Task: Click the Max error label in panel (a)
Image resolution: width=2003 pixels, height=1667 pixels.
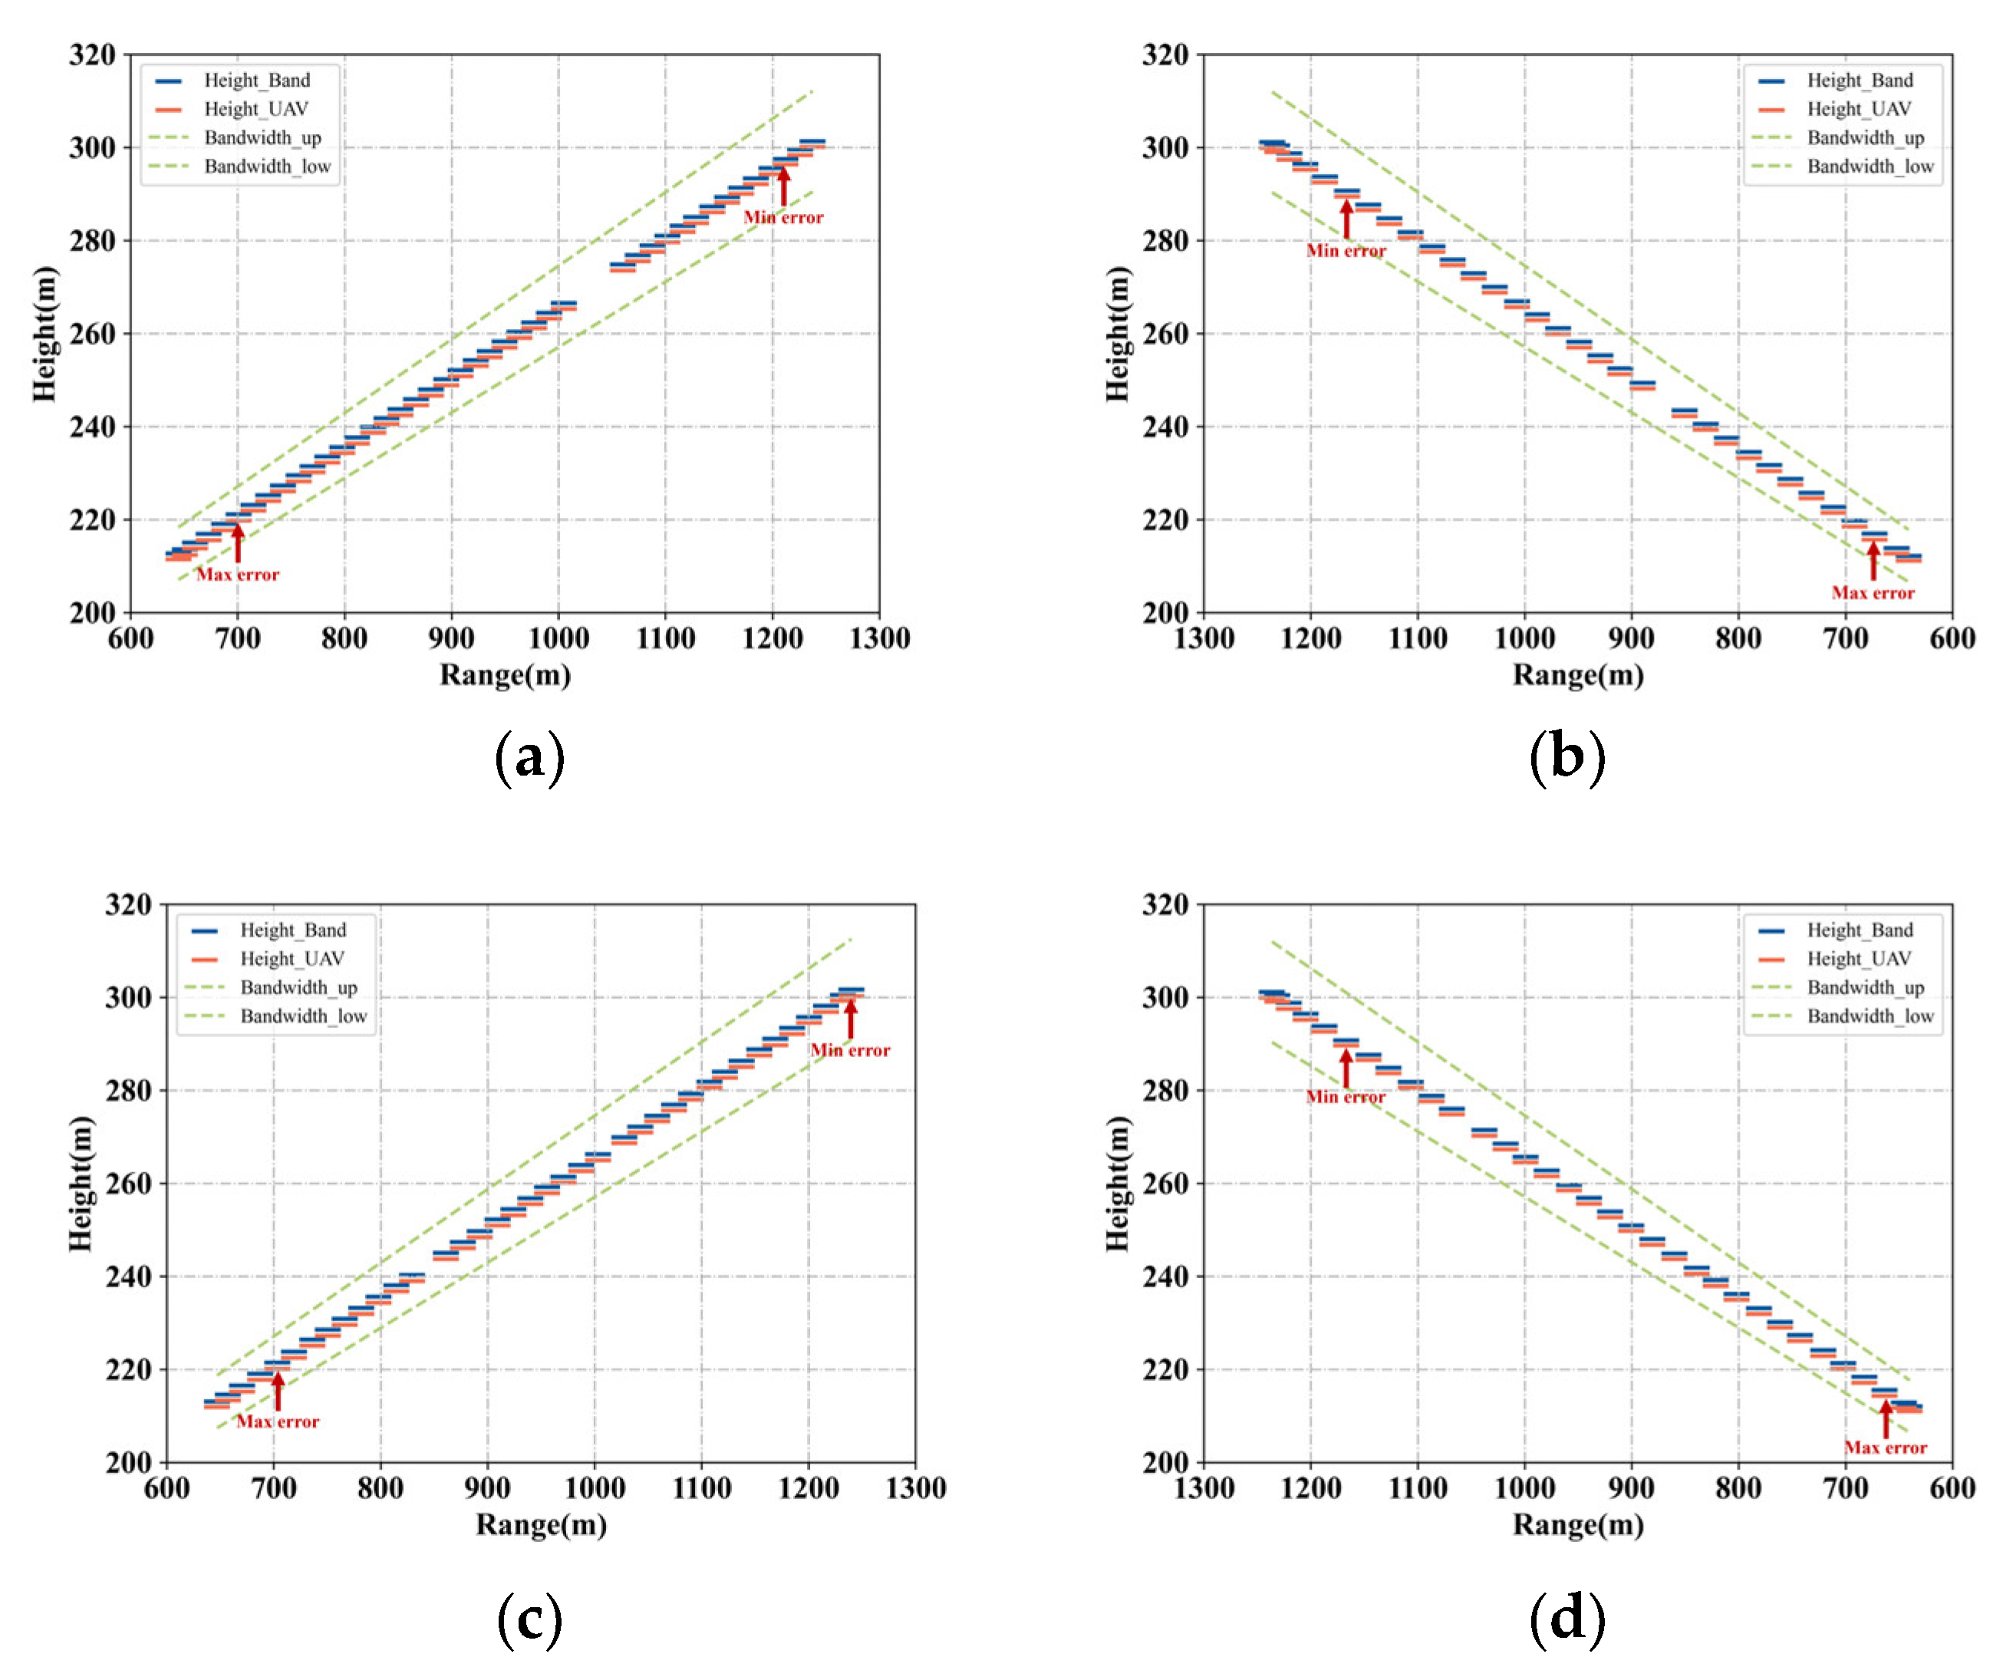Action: coord(238,574)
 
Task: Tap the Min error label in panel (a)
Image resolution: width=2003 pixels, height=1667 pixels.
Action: coord(783,217)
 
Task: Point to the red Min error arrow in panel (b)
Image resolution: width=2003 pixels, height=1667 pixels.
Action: coord(1346,219)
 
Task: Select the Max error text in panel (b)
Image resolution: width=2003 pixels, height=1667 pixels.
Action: coord(1873,592)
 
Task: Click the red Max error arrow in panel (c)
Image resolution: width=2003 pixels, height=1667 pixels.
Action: coord(278,1392)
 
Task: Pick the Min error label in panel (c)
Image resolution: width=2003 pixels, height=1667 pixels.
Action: coord(850,1050)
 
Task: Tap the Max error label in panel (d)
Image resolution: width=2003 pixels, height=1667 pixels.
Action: coord(1885,1448)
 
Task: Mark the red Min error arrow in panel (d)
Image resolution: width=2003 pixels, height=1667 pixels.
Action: coord(1346,1067)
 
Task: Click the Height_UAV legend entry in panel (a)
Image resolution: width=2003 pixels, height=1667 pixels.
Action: coord(255,109)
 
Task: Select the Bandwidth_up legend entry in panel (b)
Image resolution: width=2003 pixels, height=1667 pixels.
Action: coord(1865,137)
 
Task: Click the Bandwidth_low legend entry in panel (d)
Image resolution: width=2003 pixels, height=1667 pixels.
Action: coord(1870,1016)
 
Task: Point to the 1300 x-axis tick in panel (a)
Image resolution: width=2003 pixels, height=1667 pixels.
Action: coord(879,638)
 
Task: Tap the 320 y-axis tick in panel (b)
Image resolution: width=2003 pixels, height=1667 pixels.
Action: coord(1165,55)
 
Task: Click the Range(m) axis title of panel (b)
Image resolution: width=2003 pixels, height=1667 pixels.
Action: coord(1577,675)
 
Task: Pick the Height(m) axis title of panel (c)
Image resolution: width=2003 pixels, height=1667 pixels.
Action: coord(81,1182)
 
